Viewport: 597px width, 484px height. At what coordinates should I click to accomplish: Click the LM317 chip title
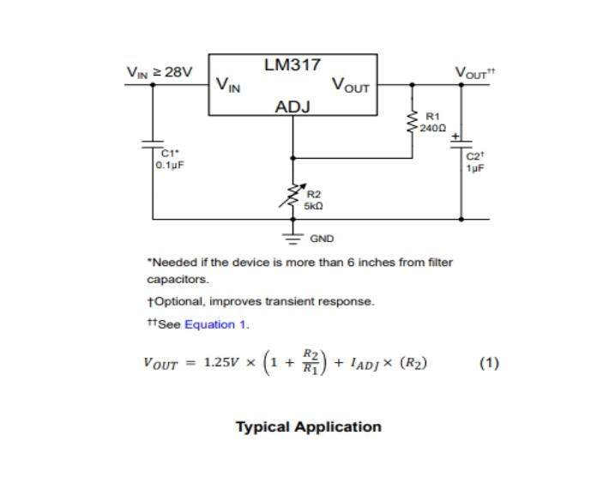292,64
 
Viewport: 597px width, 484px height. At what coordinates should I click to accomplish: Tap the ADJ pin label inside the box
292,107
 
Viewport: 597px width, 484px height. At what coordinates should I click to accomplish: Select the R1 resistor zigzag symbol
412,122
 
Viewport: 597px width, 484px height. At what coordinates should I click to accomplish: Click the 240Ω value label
433,129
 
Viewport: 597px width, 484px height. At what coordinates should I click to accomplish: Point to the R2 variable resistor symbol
292,196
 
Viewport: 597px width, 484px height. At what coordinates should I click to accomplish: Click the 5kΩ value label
313,206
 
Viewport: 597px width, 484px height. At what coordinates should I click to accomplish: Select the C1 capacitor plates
153,144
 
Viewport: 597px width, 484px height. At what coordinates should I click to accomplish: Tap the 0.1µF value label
170,166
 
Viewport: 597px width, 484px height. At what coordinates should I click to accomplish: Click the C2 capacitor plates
461,144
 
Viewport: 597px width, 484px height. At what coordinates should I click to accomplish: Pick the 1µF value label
476,168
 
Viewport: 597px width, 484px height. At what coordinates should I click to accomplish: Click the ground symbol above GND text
292,239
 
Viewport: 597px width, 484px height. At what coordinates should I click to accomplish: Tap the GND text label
322,239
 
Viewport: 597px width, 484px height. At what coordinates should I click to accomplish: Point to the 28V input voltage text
178,71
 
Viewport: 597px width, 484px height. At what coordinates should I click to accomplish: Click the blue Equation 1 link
215,324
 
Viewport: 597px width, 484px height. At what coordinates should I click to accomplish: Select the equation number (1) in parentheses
489,363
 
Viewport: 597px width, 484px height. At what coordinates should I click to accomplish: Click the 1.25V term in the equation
221,362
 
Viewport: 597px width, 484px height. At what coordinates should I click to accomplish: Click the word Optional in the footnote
179,301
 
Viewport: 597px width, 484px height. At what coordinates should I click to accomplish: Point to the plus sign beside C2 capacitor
455,136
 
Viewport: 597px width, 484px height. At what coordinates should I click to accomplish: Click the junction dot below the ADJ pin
292,158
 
